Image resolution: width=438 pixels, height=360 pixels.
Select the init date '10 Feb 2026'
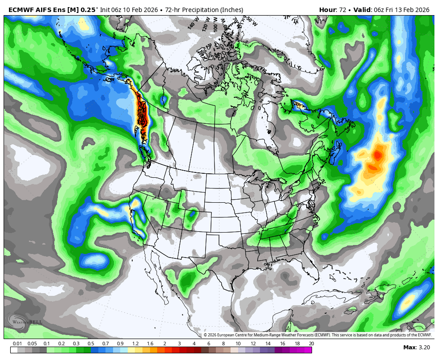tap(143, 10)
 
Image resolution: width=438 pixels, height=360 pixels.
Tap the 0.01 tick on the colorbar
tap(18, 344)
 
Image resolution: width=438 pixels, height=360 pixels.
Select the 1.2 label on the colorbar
tap(135, 344)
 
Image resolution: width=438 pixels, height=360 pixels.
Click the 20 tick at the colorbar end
tap(311, 344)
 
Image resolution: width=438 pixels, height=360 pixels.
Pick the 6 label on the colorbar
tap(209, 344)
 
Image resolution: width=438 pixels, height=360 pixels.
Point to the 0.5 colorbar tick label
tap(91, 344)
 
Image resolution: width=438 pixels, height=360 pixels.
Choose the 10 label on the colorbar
tap(238, 344)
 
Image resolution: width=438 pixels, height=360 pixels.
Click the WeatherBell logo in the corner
tap(24, 321)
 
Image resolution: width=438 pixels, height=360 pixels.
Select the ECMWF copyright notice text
tap(318, 335)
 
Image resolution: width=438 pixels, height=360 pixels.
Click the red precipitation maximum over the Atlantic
tap(377, 155)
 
